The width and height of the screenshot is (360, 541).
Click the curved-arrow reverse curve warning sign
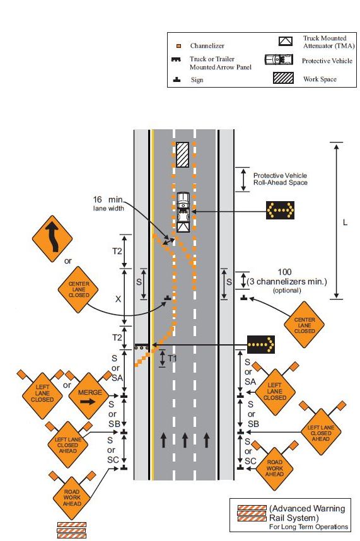[x=52, y=239]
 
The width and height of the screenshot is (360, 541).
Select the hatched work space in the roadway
[x=182, y=154]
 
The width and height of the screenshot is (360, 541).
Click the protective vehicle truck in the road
[x=183, y=212]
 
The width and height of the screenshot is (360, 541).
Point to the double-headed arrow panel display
[x=280, y=210]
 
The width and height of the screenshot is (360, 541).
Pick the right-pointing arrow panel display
[x=261, y=344]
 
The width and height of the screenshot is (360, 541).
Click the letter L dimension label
[x=345, y=223]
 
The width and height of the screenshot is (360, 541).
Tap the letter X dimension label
[x=118, y=299]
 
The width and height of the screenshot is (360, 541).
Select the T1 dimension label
[x=172, y=359]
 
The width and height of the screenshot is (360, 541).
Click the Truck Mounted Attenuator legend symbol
[x=286, y=41]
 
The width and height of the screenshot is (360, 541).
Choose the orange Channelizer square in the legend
[x=178, y=46]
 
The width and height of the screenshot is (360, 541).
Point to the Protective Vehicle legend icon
[x=279, y=60]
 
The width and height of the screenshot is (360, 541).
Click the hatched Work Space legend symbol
[x=283, y=78]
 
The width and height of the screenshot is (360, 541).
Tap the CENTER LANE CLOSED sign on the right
[x=304, y=325]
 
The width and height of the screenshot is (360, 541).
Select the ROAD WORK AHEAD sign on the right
[x=274, y=468]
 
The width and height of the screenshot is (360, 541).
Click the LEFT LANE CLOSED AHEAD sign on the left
[x=67, y=445]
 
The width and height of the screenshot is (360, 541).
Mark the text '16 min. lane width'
[x=108, y=203]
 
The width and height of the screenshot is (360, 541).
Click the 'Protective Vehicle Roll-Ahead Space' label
[x=281, y=178]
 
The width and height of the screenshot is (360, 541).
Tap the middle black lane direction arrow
[x=185, y=440]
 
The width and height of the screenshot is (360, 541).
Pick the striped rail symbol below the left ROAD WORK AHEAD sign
[x=71, y=530]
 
